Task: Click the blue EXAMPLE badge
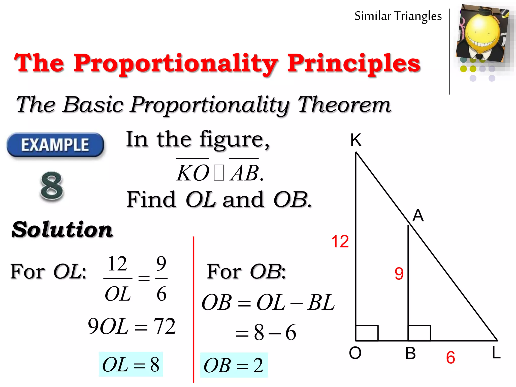pyautogui.click(x=55, y=145)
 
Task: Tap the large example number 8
pyautogui.click(x=52, y=186)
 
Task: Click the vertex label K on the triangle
pyautogui.click(x=356, y=140)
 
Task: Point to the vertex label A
pyautogui.click(x=418, y=216)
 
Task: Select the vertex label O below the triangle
pyautogui.click(x=355, y=353)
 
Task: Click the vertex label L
pyautogui.click(x=496, y=352)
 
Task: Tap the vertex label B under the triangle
pyautogui.click(x=410, y=353)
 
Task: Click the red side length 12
pyautogui.click(x=340, y=241)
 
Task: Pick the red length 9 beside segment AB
pyautogui.click(x=399, y=274)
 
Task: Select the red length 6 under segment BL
pyautogui.click(x=450, y=358)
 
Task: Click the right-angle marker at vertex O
pyautogui.click(x=367, y=333)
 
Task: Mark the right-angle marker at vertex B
pyautogui.click(x=419, y=333)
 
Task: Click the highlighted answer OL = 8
pyautogui.click(x=131, y=364)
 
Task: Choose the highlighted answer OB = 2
pyautogui.click(x=234, y=365)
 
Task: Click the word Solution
pyautogui.click(x=62, y=230)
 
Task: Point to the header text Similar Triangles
pyautogui.click(x=398, y=16)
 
